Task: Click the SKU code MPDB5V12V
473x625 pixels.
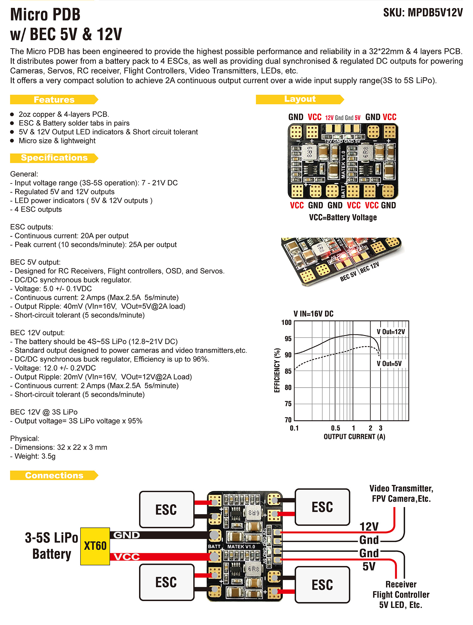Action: pyautogui.click(x=435, y=13)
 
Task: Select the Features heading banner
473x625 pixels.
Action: pyautogui.click(x=54, y=100)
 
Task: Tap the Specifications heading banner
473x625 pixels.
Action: pyautogui.click(x=54, y=158)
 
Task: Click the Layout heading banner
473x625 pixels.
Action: pyautogui.click(x=300, y=99)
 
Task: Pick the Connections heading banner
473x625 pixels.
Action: pyautogui.click(x=54, y=475)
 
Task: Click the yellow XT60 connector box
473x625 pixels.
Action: pyautogui.click(x=95, y=546)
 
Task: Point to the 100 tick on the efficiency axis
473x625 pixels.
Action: pyautogui.click(x=286, y=322)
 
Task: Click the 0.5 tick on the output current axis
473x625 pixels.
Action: pyautogui.click(x=336, y=428)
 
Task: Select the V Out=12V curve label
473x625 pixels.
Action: pyautogui.click(x=391, y=332)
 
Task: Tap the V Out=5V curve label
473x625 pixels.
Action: pyautogui.click(x=389, y=364)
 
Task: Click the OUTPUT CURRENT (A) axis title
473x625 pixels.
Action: pyautogui.click(x=354, y=437)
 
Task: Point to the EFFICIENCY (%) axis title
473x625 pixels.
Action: pyautogui.click(x=277, y=370)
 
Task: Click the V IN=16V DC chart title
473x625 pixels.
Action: pyautogui.click(x=313, y=314)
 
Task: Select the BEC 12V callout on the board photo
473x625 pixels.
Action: pyautogui.click(x=370, y=267)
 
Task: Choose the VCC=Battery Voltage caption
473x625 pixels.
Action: pyautogui.click(x=343, y=217)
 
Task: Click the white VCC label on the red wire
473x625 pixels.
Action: pyautogui.click(x=126, y=557)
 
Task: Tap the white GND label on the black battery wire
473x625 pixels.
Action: pyautogui.click(x=126, y=535)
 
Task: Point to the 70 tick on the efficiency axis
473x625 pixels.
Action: pyautogui.click(x=288, y=420)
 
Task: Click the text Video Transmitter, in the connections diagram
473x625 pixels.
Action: pyautogui.click(x=401, y=489)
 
